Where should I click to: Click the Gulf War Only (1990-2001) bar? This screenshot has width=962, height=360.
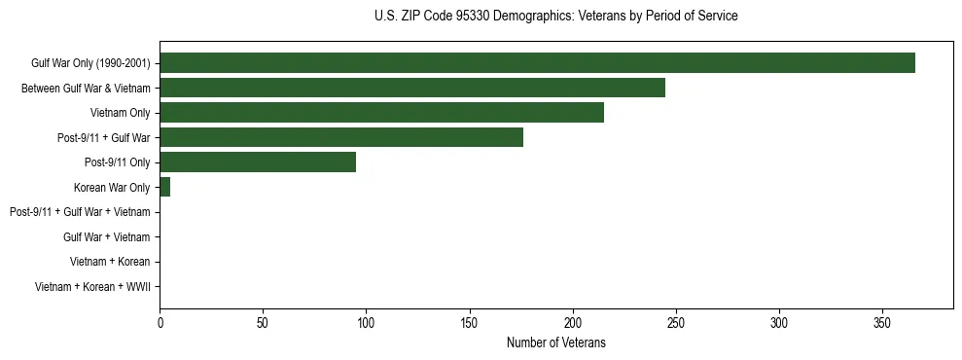pyautogui.click(x=537, y=63)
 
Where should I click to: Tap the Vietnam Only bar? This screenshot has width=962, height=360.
pyautogui.click(x=381, y=113)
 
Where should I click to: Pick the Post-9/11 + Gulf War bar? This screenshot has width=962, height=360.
pyautogui.click(x=341, y=137)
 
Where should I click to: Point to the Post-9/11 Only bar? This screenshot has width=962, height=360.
pyautogui.click(x=258, y=162)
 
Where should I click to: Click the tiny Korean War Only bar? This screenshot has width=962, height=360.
pyautogui.click(x=165, y=187)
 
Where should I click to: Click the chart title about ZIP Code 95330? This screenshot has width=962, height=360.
pyautogui.click(x=555, y=17)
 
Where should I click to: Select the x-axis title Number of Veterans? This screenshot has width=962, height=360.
pyautogui.click(x=555, y=342)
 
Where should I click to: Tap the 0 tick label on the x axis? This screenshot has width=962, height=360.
pyautogui.click(x=160, y=322)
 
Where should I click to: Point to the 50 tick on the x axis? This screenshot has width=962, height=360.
pyautogui.click(x=263, y=322)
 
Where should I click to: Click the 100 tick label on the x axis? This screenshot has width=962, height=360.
pyautogui.click(x=366, y=322)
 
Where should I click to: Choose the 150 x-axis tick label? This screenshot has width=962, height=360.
pyautogui.click(x=469, y=322)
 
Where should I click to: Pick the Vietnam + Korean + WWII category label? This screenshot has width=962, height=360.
pyautogui.click(x=92, y=286)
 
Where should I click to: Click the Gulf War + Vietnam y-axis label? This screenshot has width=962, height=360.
pyautogui.click(x=106, y=236)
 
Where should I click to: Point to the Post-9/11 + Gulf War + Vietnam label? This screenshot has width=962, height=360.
pyautogui.click(x=80, y=212)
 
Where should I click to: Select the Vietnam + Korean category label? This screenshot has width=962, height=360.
pyautogui.click(x=110, y=262)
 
